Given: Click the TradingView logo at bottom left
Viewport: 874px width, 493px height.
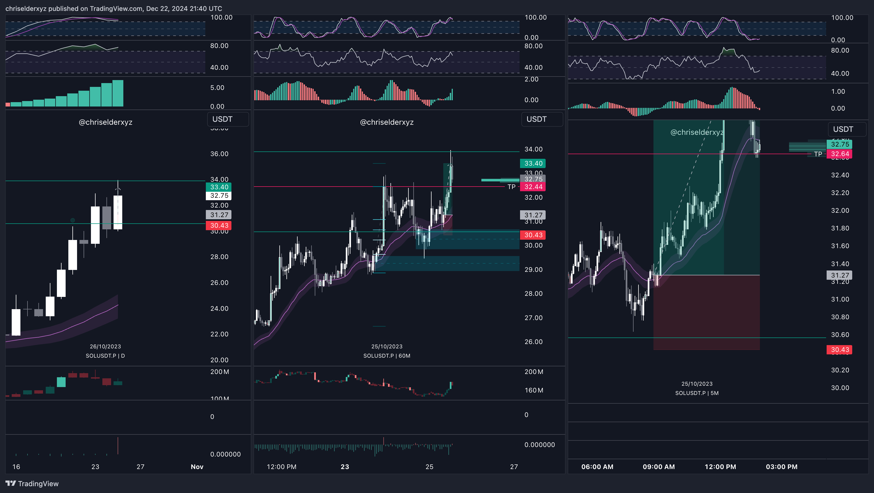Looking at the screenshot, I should [32, 483].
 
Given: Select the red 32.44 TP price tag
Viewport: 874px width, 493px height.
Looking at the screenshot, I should [533, 187].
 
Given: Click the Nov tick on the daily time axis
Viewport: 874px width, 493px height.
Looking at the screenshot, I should [197, 467].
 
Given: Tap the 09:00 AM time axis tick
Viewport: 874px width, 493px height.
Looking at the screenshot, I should [659, 467].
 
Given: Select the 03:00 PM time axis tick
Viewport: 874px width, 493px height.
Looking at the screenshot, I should [781, 467].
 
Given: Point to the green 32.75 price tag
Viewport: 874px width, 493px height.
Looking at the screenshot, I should [839, 144].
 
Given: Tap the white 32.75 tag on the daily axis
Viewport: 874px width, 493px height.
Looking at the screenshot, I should [219, 196].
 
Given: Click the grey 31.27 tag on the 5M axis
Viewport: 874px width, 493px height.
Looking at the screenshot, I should [839, 275].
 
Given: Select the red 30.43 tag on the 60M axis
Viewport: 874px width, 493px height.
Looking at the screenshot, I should [533, 235].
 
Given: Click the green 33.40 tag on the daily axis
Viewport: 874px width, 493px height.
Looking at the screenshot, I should [219, 187].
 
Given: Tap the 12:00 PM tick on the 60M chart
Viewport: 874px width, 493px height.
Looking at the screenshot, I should [281, 467].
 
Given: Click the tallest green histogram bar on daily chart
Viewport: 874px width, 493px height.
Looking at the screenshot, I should [118, 93].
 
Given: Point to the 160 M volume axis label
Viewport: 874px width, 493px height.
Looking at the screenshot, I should [534, 390].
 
